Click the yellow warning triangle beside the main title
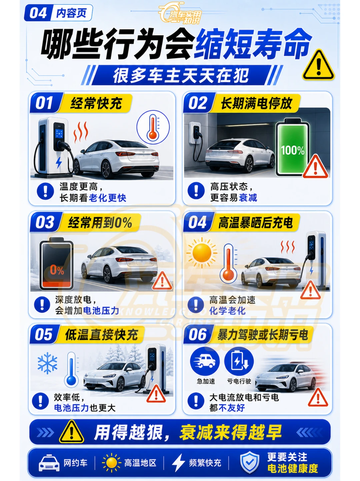click(318, 65)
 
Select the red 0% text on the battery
click(57, 270)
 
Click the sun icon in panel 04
click(202, 253)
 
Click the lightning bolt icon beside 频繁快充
click(178, 462)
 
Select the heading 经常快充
click(96, 103)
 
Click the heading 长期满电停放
click(256, 103)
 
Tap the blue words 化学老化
click(227, 311)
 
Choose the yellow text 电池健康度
click(293, 468)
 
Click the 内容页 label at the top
click(71, 13)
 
